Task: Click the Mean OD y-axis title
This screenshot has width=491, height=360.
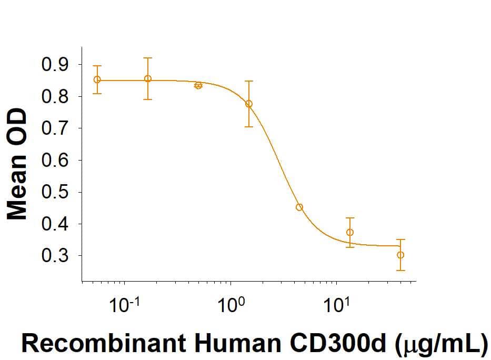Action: [x=17, y=164]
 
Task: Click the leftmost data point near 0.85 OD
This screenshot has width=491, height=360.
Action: [x=97, y=79]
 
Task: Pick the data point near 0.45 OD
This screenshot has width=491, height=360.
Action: [x=299, y=207]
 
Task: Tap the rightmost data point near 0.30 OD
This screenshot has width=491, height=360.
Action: [x=400, y=255]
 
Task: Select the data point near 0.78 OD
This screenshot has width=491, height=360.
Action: [x=249, y=104]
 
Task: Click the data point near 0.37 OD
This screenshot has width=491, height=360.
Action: [x=350, y=232]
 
